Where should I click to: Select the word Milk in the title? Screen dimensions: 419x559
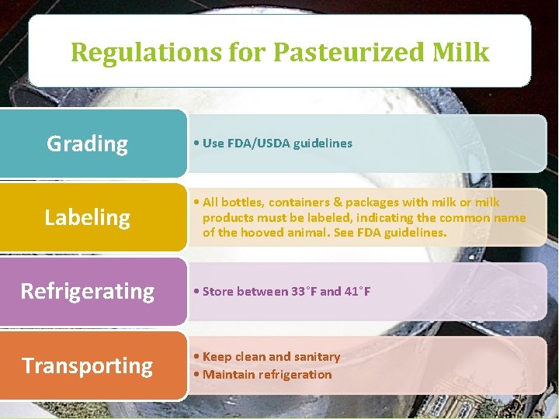[x=463, y=52]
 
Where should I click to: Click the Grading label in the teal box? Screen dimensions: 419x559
[x=87, y=144]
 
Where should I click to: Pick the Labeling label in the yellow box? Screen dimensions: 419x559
[x=87, y=217]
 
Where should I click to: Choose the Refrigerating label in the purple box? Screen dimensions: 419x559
[x=87, y=291]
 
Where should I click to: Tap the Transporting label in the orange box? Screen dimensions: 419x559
[x=87, y=365]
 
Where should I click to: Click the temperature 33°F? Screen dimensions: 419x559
[x=304, y=292]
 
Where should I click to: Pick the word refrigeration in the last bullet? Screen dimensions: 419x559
[x=293, y=375]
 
